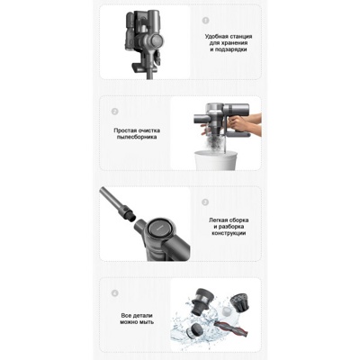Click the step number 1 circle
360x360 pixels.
205,21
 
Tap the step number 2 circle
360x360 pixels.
114,112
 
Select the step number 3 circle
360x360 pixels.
205,202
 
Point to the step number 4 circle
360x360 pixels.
114,292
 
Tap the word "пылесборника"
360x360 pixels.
137,137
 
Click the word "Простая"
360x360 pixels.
125,130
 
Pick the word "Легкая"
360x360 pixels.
219,220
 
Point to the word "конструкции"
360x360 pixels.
229,233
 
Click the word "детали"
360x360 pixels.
142,316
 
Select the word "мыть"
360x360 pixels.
147,322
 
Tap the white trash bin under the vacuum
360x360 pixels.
216,160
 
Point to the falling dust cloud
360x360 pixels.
216,141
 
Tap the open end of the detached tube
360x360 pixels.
131,216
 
